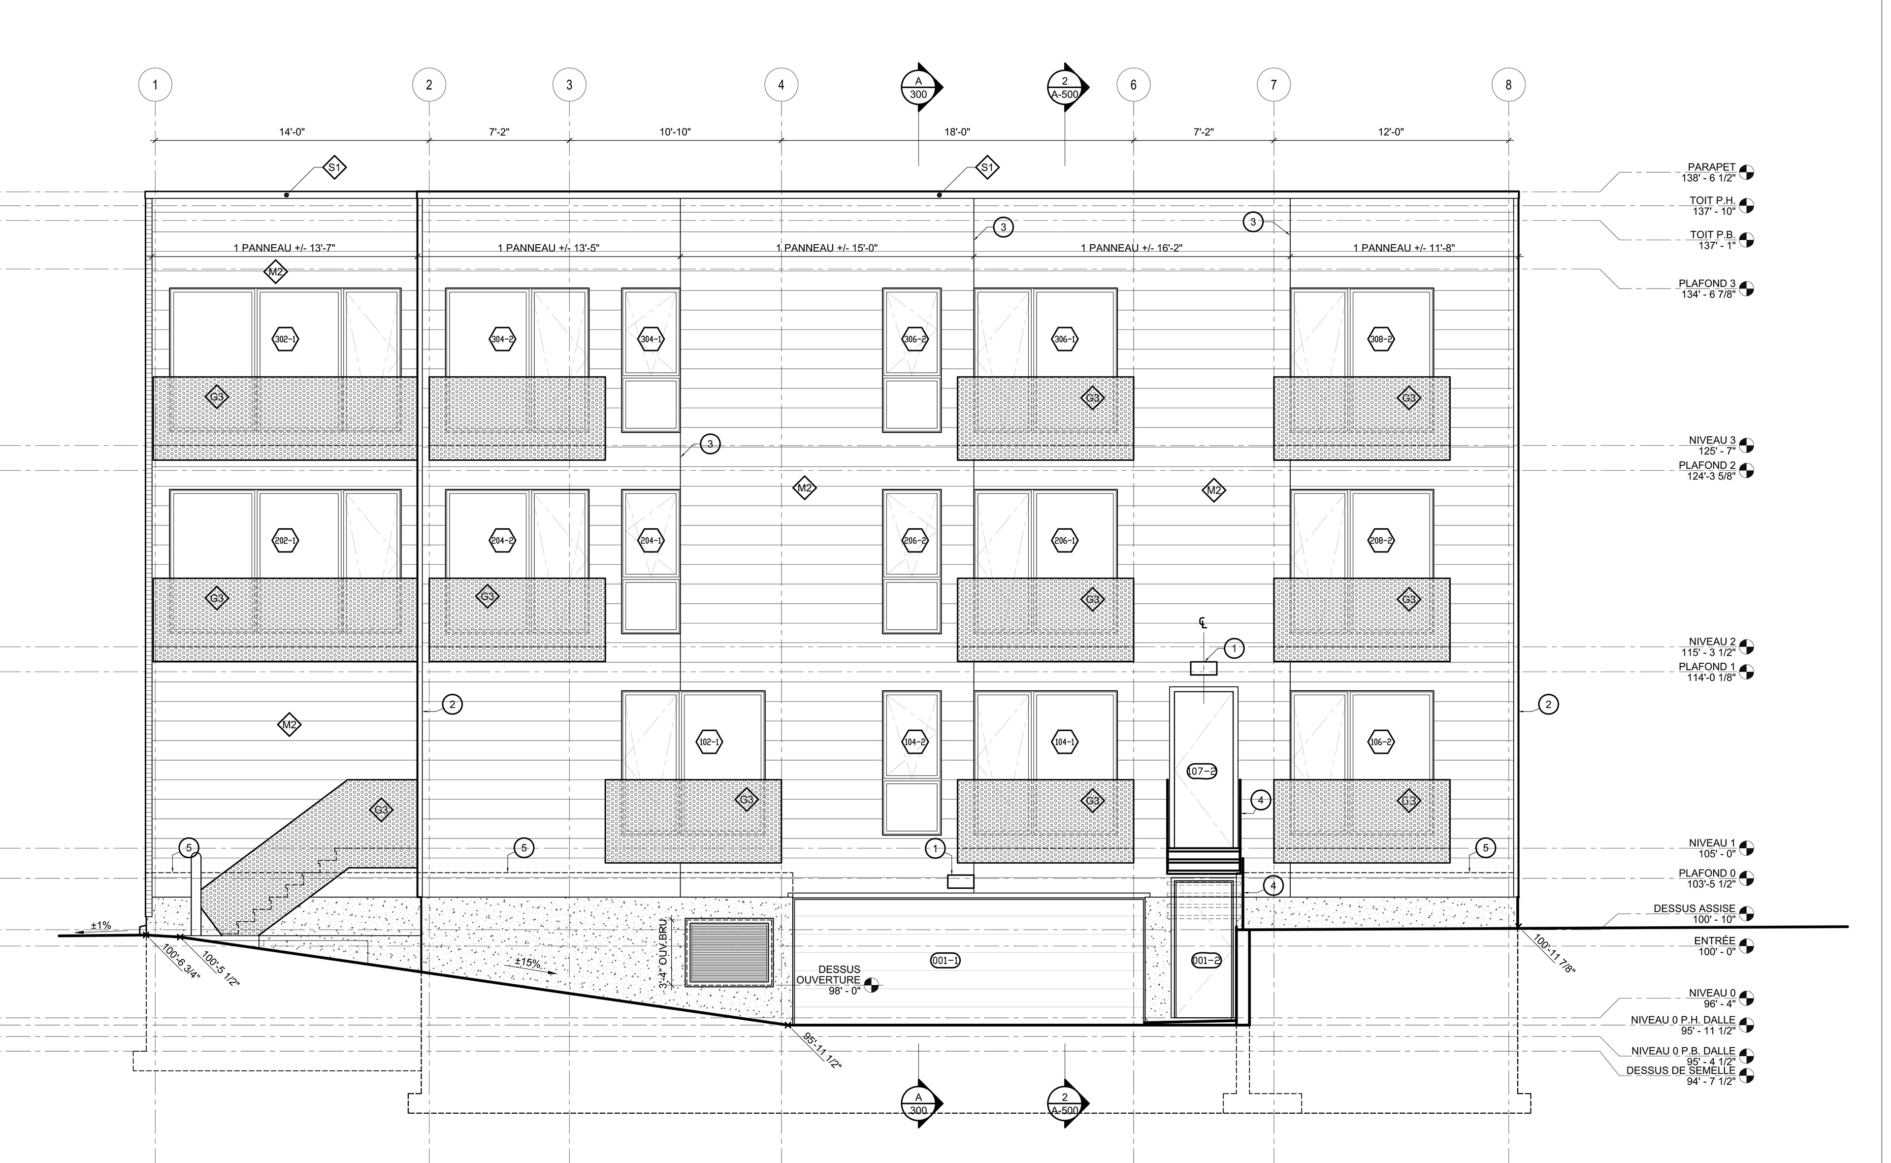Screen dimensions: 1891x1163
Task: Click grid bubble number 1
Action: [156, 85]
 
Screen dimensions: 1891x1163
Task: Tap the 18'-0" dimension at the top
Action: [957, 132]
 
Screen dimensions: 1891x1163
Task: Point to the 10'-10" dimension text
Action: [675, 132]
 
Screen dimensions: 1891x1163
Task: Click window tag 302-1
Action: [286, 339]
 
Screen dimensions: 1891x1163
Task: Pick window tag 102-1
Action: [709, 742]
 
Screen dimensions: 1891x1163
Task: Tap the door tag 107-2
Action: [1202, 772]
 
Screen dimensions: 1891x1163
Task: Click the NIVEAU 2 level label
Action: [1712, 642]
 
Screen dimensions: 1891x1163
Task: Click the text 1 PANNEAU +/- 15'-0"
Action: [826, 248]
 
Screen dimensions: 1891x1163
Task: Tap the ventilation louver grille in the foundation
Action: [729, 952]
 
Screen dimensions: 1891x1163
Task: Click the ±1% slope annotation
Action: [101, 925]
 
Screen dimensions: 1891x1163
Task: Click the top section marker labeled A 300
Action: [919, 88]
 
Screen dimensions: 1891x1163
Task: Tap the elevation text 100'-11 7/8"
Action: [1554, 955]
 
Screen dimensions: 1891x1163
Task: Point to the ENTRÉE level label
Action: [1714, 941]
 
